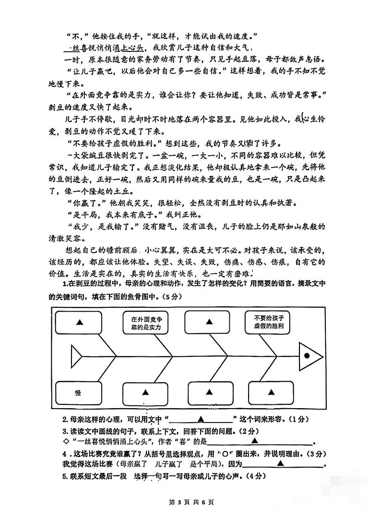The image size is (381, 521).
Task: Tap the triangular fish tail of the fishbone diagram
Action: (x=76, y=356)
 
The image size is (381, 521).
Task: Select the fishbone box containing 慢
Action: (x=78, y=393)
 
